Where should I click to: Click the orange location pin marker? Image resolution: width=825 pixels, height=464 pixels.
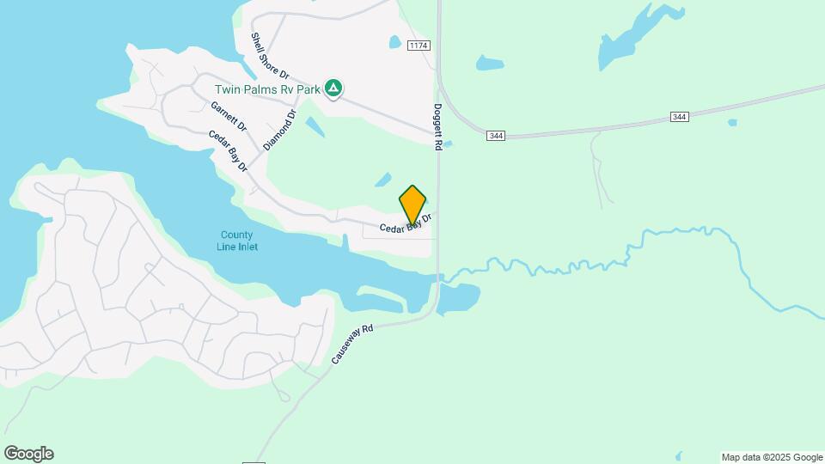[x=412, y=205]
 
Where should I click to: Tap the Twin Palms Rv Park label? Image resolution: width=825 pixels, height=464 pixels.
[x=267, y=89]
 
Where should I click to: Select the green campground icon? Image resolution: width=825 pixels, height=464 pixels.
[x=333, y=88]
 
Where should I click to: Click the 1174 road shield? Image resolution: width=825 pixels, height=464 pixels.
[x=419, y=45]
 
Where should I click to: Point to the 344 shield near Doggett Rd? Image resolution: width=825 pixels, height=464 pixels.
[x=495, y=136]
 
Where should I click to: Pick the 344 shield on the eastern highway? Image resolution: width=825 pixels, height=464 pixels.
[x=680, y=117]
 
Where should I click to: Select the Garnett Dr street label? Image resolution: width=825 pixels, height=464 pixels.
[x=229, y=116]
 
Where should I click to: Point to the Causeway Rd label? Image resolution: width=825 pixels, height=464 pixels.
[x=353, y=344]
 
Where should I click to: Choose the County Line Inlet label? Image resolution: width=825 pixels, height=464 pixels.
[x=237, y=241]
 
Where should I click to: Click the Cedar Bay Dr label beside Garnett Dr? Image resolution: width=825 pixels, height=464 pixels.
[x=228, y=150]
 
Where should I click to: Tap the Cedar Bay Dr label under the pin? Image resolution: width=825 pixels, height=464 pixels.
[x=405, y=225]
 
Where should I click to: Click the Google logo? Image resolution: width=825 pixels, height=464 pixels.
[x=28, y=454]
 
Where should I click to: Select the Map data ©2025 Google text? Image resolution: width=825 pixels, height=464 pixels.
[x=772, y=457]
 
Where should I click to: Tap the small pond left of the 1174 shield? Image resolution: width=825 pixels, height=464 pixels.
[x=394, y=41]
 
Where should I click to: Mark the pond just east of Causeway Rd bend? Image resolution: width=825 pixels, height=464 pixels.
[x=459, y=298]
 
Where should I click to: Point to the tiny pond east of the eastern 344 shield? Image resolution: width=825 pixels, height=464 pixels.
[x=731, y=123]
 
